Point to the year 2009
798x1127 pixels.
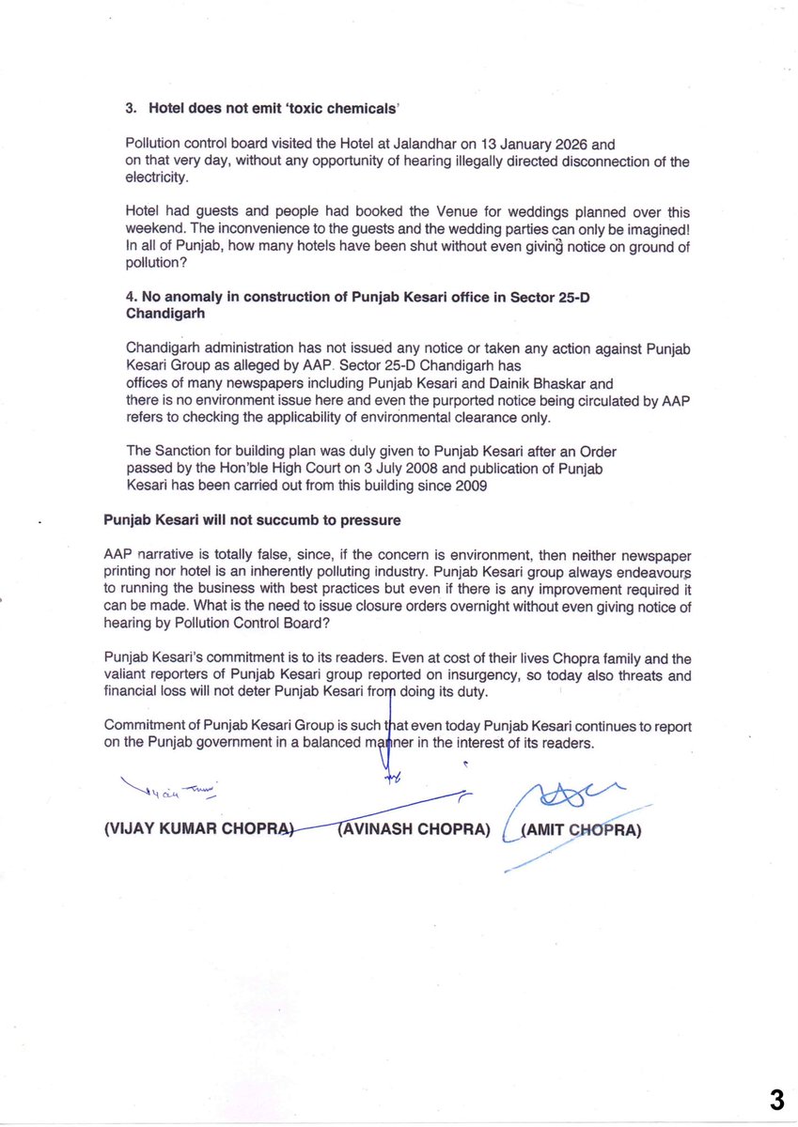(x=470, y=486)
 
